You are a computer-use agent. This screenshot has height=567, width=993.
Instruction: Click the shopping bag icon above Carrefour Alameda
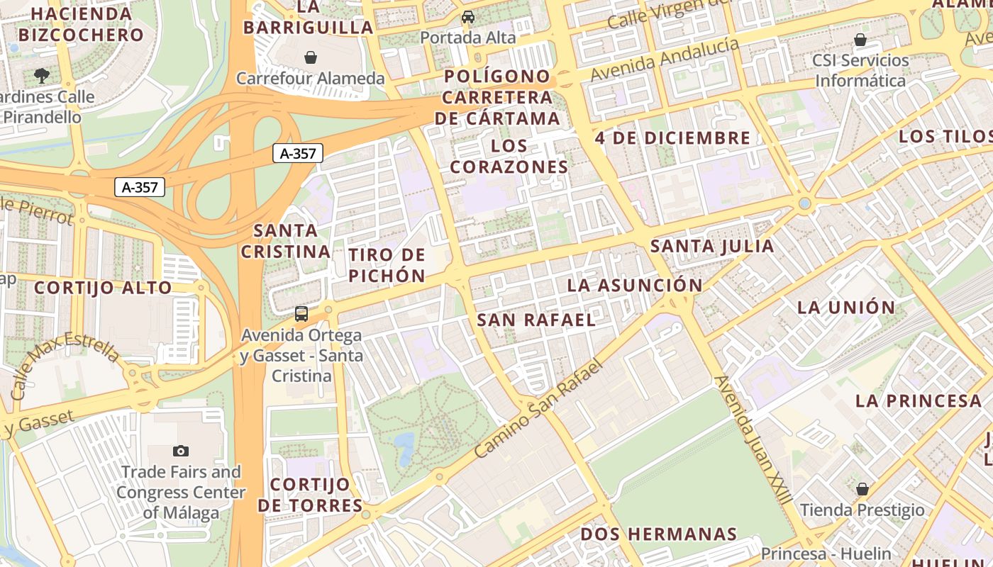tap(310, 57)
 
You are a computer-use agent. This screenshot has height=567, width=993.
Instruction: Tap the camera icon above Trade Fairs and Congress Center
tap(181, 451)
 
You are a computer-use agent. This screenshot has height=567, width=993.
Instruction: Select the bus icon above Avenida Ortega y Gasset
tap(301, 314)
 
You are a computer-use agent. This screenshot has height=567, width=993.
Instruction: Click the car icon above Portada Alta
tap(468, 17)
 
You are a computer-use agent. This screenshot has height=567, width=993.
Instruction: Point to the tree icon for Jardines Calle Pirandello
tap(42, 75)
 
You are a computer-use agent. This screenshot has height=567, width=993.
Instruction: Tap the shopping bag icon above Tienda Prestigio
tap(862, 489)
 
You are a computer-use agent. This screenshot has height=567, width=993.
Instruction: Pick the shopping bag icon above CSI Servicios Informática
tap(860, 40)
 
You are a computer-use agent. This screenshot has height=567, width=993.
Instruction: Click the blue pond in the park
tap(404, 447)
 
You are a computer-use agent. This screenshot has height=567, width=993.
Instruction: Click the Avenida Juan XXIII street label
tap(753, 439)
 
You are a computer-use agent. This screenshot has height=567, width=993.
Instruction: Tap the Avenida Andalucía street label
tap(664, 59)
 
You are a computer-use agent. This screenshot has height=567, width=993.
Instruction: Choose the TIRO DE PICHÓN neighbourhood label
tap(387, 265)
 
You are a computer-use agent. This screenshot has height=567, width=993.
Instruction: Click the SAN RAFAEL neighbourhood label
tap(536, 320)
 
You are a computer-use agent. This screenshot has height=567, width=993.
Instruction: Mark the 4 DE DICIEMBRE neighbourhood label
tap(672, 137)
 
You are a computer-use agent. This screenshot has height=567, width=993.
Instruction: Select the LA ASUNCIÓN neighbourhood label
tap(634, 285)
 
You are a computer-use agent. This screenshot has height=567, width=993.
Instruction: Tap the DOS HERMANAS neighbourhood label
tap(659, 534)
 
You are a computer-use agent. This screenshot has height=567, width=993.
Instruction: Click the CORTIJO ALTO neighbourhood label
tap(103, 288)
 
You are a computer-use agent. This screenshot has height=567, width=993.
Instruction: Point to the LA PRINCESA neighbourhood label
tap(918, 400)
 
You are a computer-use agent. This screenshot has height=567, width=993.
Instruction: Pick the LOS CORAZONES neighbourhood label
tap(509, 157)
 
